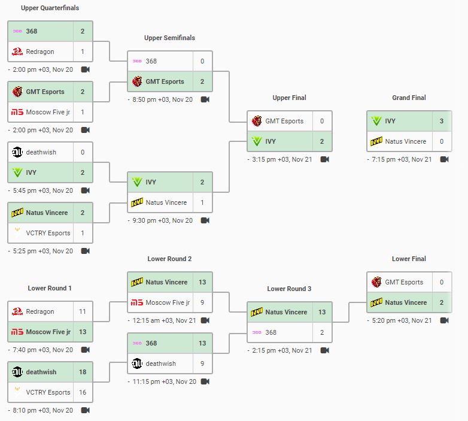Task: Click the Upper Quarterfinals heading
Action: click(x=50, y=8)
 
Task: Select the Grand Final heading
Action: click(x=409, y=98)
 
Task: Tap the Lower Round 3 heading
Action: click(x=289, y=289)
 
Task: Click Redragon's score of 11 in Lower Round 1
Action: click(x=83, y=311)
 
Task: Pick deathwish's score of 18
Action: click(x=83, y=372)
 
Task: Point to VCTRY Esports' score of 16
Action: click(x=83, y=392)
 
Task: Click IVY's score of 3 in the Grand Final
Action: click(x=442, y=121)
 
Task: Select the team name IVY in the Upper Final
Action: click(x=271, y=141)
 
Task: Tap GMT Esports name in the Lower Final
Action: click(x=404, y=282)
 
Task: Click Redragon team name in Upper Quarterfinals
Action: click(x=40, y=52)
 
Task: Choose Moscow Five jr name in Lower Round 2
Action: click(x=168, y=302)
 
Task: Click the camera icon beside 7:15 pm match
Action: click(x=444, y=159)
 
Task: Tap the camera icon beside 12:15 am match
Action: click(x=205, y=320)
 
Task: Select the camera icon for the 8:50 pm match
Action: click(x=205, y=99)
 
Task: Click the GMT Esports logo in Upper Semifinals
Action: click(x=137, y=81)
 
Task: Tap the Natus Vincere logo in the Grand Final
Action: click(x=376, y=141)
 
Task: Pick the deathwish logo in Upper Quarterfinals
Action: click(x=17, y=152)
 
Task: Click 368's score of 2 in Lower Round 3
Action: click(x=322, y=332)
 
